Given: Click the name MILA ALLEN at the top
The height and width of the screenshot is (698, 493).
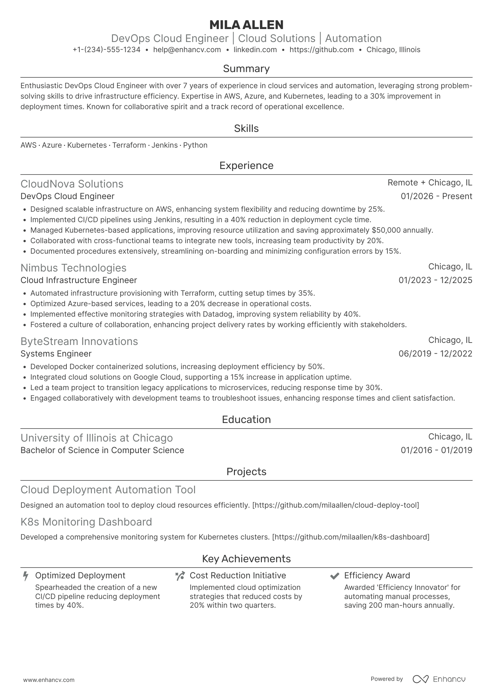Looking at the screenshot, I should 246,25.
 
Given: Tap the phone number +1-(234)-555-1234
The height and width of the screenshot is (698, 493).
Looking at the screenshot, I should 107,50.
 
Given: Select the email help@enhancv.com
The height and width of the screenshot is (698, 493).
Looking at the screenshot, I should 187,50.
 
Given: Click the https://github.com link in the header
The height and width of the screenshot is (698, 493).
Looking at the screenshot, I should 322,50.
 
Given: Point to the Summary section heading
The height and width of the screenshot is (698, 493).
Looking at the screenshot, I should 246,69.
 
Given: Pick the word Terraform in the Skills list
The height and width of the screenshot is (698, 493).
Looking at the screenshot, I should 129,145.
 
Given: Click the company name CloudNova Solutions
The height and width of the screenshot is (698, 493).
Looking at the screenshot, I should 72,184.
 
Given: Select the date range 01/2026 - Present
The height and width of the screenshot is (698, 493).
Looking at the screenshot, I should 436,196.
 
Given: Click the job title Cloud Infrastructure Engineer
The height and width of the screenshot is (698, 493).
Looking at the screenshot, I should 79,280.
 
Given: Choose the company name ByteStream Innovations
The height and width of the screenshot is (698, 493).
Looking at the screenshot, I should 79,341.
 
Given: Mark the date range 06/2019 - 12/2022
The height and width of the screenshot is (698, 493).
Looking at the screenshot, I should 435,354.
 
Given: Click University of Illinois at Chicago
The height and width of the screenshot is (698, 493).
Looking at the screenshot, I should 97,438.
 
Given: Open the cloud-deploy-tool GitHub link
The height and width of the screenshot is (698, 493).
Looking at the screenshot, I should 336,505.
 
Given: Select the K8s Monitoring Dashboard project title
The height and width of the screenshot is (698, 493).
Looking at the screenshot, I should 86,522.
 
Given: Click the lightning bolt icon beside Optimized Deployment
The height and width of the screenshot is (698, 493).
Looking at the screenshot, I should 26,576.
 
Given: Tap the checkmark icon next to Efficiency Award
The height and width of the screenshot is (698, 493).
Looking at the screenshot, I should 335,576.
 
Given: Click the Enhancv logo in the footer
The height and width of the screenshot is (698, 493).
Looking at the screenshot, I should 439,679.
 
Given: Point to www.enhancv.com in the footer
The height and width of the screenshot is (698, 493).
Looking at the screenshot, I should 49,680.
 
